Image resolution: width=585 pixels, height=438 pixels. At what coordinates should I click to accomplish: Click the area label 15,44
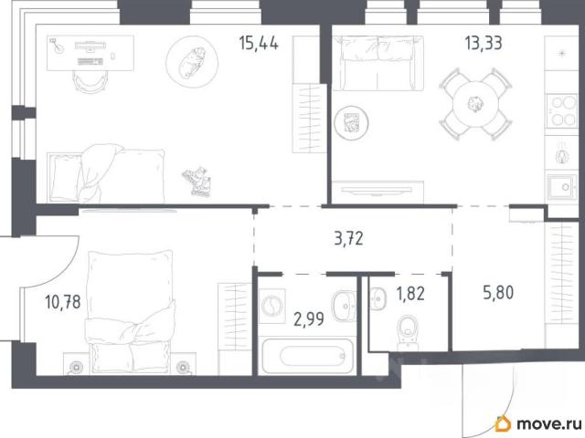[259, 44]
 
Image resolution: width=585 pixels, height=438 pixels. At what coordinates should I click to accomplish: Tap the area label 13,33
[484, 43]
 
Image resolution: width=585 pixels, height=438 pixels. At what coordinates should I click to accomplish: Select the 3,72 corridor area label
[348, 238]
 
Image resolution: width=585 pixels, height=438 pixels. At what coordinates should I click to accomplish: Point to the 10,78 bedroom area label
[63, 302]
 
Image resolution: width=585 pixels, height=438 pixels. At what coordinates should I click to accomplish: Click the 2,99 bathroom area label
[309, 319]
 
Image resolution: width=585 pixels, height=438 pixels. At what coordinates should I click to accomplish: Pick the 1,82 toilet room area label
[410, 294]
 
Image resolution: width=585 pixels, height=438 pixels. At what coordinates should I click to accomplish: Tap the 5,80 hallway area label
[498, 292]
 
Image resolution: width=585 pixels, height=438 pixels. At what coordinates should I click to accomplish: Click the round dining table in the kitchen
[475, 104]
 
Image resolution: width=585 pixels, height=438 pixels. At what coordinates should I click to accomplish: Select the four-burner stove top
[562, 111]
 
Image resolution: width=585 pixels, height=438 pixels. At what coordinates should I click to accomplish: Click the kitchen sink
[562, 187]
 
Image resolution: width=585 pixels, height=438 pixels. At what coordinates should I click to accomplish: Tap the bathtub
[307, 356]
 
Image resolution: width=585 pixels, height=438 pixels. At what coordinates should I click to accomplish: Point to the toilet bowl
[408, 331]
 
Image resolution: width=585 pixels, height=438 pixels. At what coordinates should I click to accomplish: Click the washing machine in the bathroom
[272, 307]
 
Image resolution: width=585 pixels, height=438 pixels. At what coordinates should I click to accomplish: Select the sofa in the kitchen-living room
[378, 63]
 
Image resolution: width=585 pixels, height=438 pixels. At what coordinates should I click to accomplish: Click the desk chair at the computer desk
[90, 81]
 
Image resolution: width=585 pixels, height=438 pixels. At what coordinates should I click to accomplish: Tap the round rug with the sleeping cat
[192, 62]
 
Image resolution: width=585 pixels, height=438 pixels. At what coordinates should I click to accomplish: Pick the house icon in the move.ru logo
[503, 423]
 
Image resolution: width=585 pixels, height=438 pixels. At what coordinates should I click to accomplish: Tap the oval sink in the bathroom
[344, 306]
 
